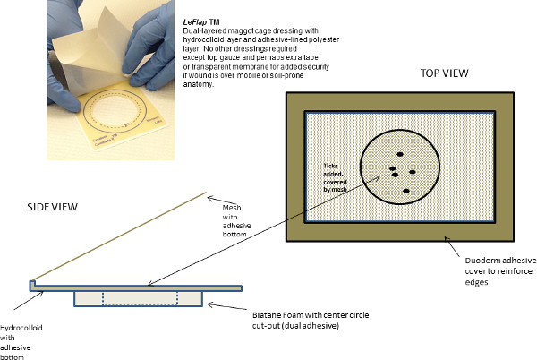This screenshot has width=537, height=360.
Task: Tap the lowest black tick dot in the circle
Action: [x=406, y=191]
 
